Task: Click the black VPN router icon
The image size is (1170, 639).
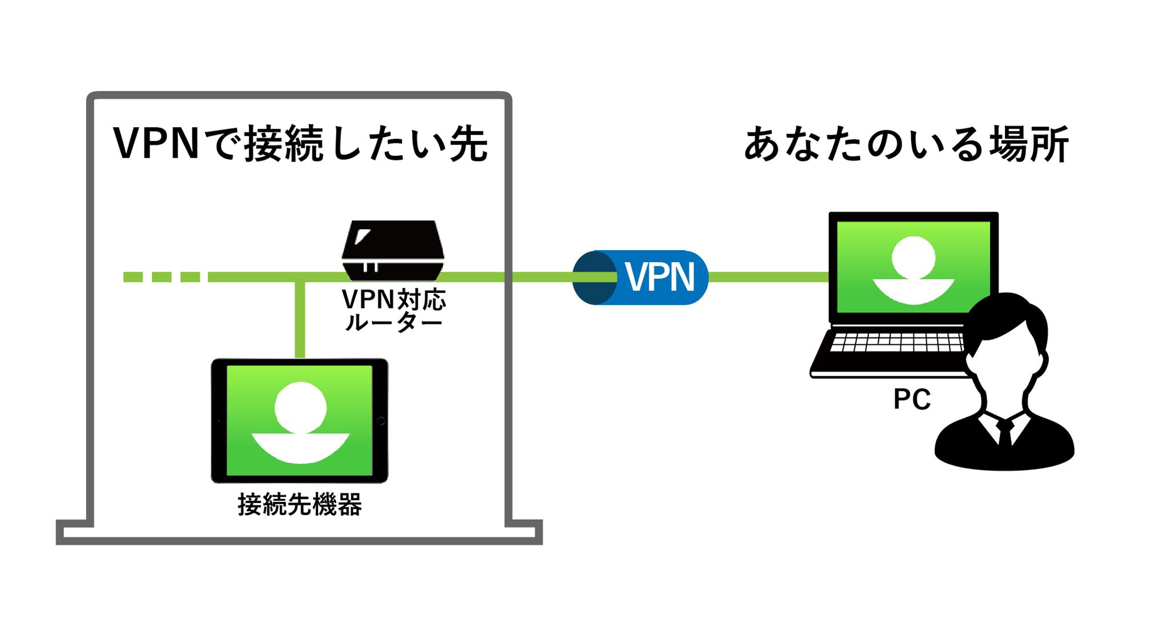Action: (x=393, y=250)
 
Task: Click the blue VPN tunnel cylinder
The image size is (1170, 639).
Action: (x=640, y=278)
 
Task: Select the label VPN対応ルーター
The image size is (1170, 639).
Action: (x=394, y=311)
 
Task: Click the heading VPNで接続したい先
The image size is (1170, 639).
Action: (x=300, y=144)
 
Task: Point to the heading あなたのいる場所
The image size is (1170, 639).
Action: (x=906, y=146)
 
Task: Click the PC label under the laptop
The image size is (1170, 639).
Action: (x=912, y=400)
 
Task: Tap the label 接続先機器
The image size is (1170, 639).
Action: (x=300, y=505)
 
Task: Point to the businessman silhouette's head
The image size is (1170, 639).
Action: (x=1008, y=343)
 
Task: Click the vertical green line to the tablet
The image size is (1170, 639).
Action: (x=300, y=320)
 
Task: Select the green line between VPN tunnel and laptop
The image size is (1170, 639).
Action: (x=768, y=278)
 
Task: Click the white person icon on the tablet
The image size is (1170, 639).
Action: (x=300, y=423)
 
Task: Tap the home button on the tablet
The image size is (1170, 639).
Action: (x=381, y=421)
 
